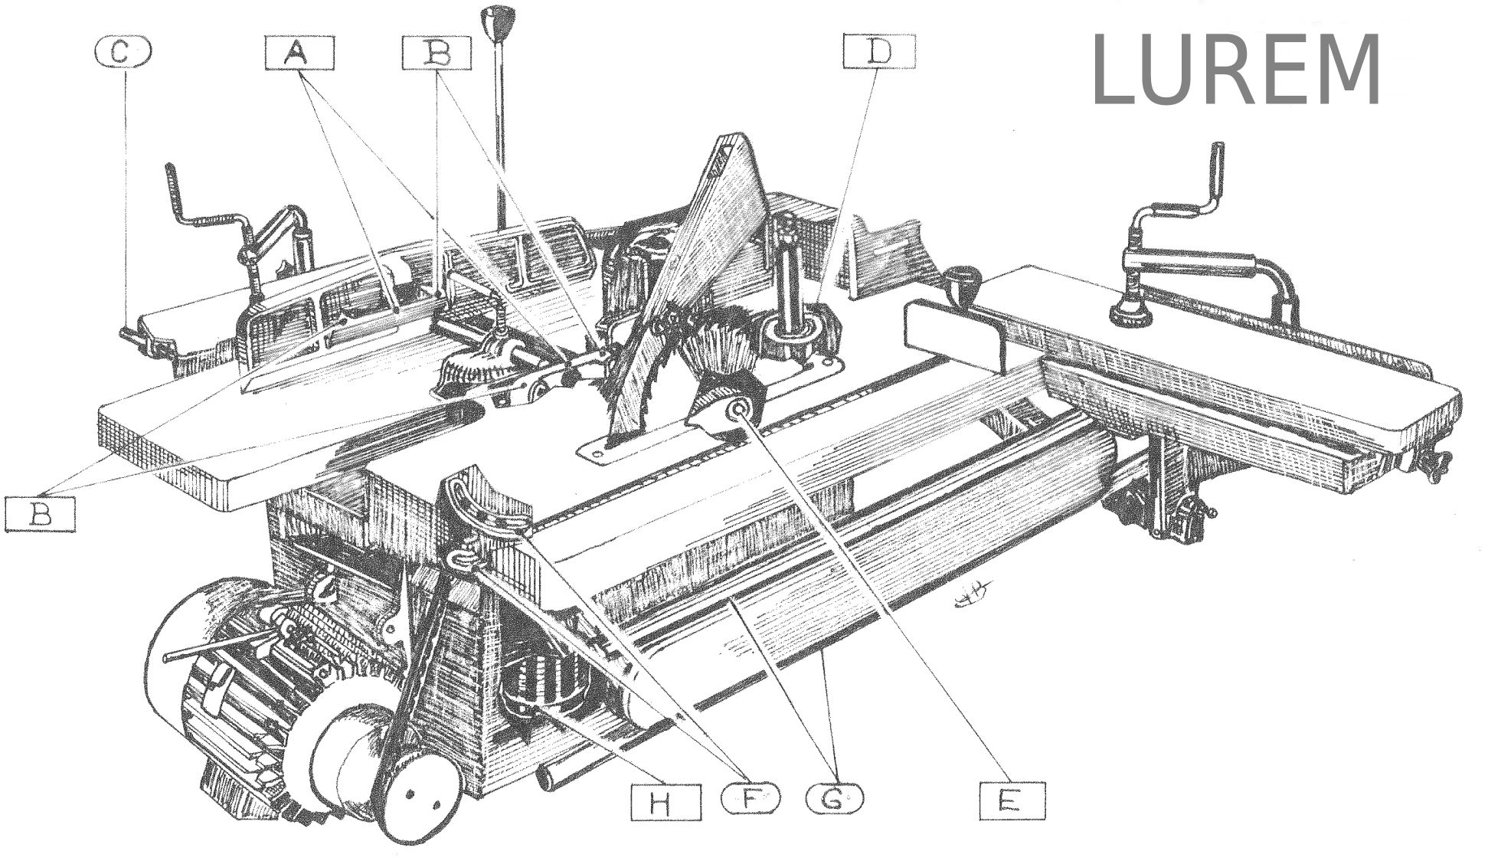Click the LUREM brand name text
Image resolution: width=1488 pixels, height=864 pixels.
tap(1237, 70)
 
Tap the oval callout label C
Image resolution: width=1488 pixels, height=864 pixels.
tap(123, 52)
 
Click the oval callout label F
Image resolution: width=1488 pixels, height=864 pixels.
tap(751, 800)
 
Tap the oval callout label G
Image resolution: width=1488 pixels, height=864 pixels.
tap(834, 800)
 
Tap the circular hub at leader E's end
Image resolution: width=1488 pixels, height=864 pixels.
tap(741, 411)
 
